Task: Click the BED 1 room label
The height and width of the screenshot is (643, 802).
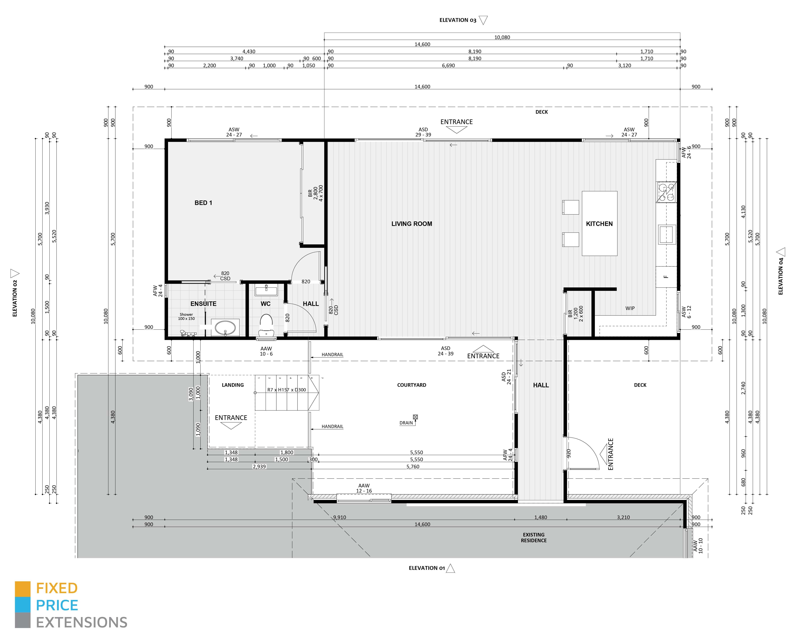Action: [203, 203]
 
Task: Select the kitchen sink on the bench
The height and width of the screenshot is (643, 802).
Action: [667, 234]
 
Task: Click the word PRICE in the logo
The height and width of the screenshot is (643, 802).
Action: [57, 606]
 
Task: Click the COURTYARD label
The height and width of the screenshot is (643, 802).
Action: [411, 385]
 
